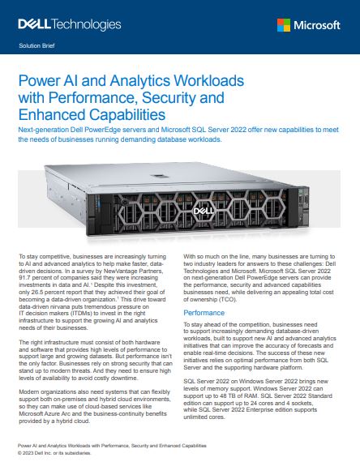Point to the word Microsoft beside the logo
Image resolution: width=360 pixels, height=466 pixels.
pos(320,25)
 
